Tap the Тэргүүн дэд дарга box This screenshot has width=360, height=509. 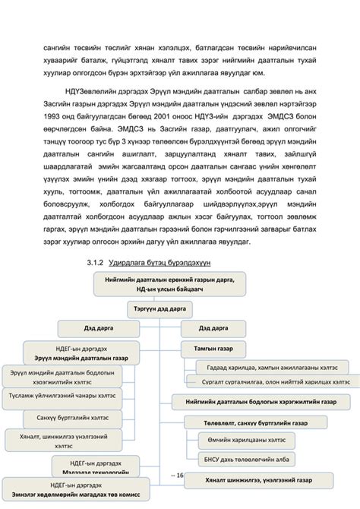click(161, 310)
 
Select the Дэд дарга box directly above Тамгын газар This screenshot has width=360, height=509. click(213, 329)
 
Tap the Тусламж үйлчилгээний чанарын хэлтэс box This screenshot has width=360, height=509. click(62, 396)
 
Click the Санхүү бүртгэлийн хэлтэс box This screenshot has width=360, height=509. click(62, 418)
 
